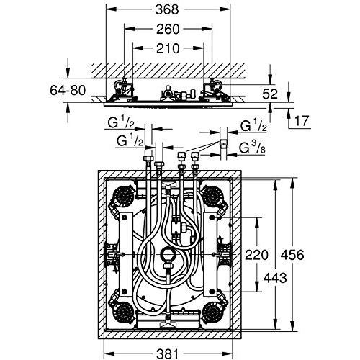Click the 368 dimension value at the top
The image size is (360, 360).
tap(167, 10)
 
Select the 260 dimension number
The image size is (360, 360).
tap(168, 30)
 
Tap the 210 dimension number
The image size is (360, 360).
tap(168, 48)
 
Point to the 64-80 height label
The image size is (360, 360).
tap(68, 91)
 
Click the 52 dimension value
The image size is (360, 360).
tap(270, 94)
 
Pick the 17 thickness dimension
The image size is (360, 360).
tap(301, 121)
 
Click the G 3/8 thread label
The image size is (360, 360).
tap(252, 148)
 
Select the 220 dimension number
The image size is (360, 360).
tap(256, 255)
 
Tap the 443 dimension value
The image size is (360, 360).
tap(275, 278)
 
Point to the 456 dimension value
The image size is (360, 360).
tap(292, 255)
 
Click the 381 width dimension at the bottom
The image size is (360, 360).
tap(168, 354)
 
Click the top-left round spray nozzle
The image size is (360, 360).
tap(122, 196)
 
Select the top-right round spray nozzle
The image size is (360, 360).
tap(213, 196)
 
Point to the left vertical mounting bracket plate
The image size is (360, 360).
tap(125, 254)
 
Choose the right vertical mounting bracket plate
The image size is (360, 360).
tap(210, 254)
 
